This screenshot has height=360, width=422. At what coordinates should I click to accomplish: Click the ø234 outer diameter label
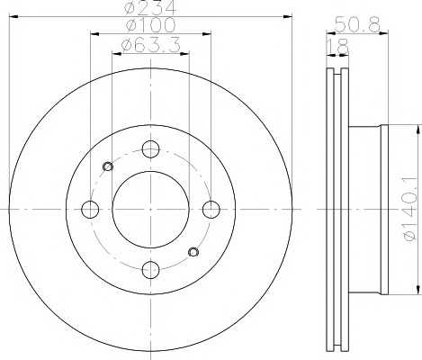pyautogui.click(x=149, y=6)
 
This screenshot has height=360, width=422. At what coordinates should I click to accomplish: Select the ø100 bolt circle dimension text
pyautogui.click(x=150, y=24)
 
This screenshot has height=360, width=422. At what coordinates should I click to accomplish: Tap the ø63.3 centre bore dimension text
pyautogui.click(x=150, y=45)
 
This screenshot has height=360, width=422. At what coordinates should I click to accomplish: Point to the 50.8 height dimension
pyautogui.click(x=357, y=24)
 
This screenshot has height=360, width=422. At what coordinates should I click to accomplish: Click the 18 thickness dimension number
pyautogui.click(x=338, y=46)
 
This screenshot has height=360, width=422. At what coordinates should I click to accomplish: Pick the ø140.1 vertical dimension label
pyautogui.click(x=411, y=209)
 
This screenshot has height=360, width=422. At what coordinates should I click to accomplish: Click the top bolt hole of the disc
pyautogui.click(x=150, y=149)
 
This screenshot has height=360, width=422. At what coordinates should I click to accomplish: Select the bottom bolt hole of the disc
pyautogui.click(x=150, y=270)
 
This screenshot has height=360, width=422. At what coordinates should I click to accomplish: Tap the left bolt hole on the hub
pyautogui.click(x=90, y=210)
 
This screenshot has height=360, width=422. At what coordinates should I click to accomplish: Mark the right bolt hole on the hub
pyautogui.click(x=211, y=210)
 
